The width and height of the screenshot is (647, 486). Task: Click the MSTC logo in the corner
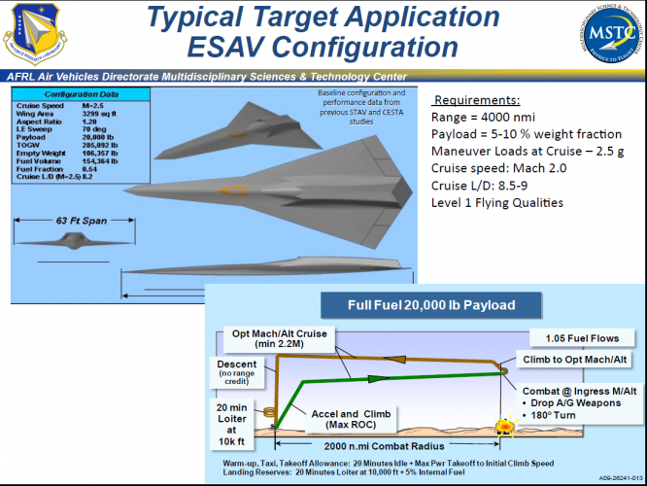606,35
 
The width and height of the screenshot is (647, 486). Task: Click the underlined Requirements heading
476,100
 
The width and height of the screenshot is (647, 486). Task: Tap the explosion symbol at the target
504,426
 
